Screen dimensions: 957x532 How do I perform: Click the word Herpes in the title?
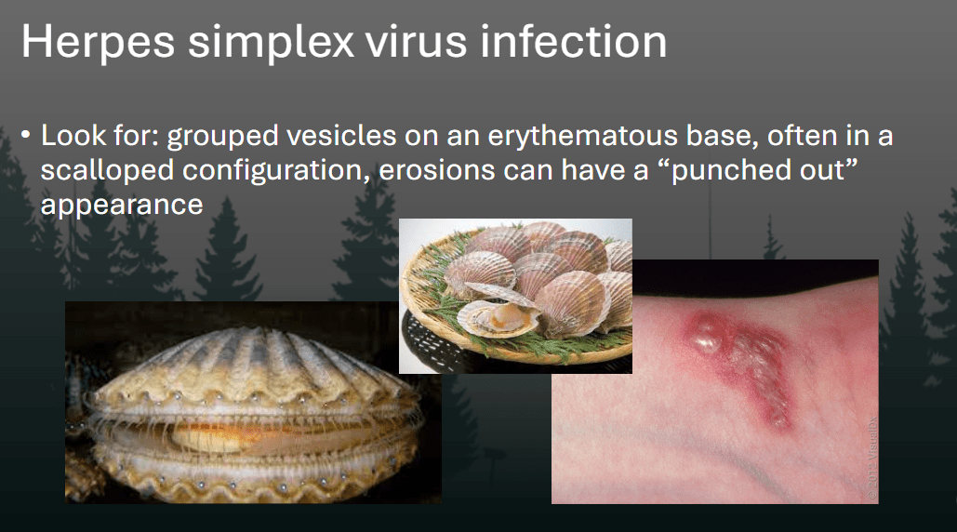pos(99,42)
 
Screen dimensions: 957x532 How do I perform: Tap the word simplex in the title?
pos(271,42)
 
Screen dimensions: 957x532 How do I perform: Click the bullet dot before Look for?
pos(26,134)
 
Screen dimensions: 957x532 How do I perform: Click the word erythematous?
pos(583,137)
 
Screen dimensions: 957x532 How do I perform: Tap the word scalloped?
pos(108,171)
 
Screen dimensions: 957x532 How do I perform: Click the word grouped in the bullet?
pos(223,137)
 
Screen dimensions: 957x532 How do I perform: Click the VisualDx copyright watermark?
pos(872,459)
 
